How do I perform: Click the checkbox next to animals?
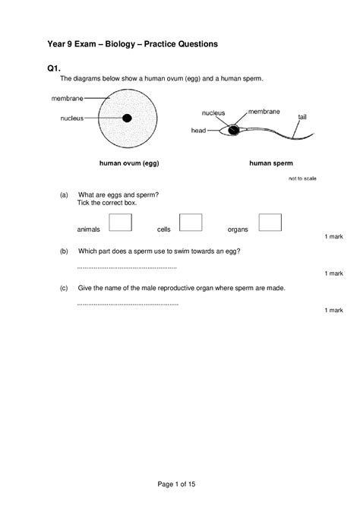[x=120, y=221]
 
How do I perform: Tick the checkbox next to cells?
[x=191, y=221]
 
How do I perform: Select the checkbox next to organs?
[x=270, y=221]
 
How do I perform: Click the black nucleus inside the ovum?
[x=127, y=118]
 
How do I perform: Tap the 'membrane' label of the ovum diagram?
[x=68, y=98]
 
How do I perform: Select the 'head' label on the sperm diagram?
[x=198, y=131]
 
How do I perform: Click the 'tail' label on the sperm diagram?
[x=302, y=117]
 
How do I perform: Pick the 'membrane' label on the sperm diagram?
[x=264, y=111]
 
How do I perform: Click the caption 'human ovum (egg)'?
[x=129, y=163]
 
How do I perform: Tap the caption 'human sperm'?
[x=271, y=163]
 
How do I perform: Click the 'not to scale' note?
[x=302, y=179]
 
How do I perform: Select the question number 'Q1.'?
[x=55, y=68]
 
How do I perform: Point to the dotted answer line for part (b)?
[x=127, y=267]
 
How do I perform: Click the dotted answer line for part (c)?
[x=128, y=304]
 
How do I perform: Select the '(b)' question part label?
[x=64, y=251]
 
